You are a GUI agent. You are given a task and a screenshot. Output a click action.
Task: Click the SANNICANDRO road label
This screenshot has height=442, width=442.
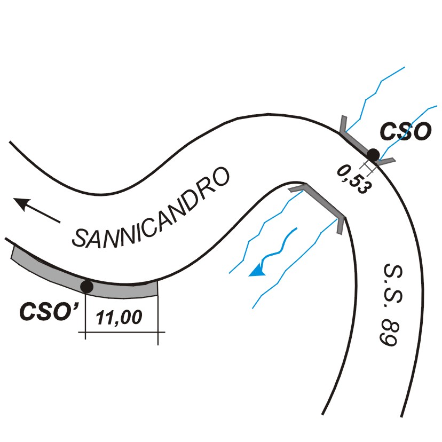pyautogui.click(x=151, y=208)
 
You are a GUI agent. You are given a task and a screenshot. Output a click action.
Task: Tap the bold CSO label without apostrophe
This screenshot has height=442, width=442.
pyautogui.click(x=405, y=131)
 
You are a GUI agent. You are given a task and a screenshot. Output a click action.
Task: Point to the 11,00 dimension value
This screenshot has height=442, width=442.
pyautogui.click(x=119, y=318)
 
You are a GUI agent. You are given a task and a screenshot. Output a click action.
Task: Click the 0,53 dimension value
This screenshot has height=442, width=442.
pyautogui.click(x=354, y=179)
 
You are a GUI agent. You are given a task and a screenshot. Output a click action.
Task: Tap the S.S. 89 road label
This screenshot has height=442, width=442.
pyautogui.click(x=391, y=305)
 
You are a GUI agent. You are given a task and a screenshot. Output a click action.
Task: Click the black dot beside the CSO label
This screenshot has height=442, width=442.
pyautogui.click(x=373, y=155)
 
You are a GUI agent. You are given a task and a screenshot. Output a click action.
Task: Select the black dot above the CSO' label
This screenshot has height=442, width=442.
pyautogui.click(x=86, y=287)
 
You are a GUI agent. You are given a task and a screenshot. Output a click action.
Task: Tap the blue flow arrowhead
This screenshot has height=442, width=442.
pyautogui.click(x=257, y=271)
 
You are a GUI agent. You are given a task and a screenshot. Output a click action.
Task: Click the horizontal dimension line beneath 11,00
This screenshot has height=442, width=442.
pyautogui.click(x=122, y=332)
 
